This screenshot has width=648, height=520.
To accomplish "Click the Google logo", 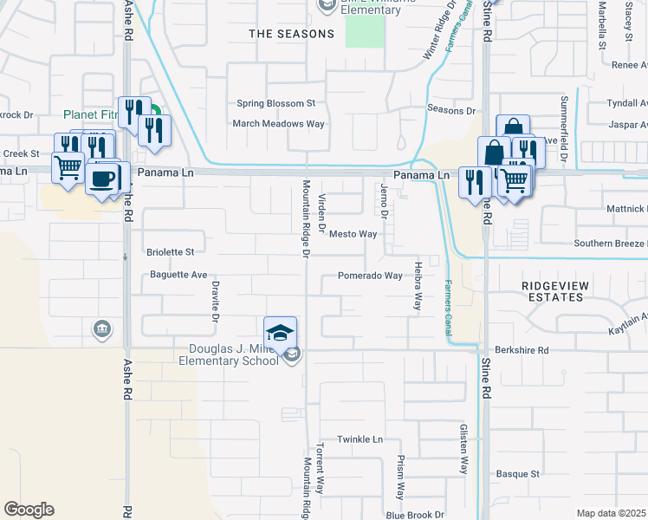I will (29, 510).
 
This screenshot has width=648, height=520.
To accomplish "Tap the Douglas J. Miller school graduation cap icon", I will (281, 333).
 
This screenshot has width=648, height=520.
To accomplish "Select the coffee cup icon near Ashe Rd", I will (103, 179).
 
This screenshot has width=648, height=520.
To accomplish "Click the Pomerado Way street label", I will (370, 276).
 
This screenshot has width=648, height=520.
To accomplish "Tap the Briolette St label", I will (170, 252).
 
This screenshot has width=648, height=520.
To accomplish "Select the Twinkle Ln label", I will (360, 439).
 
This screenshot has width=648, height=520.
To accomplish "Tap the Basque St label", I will (517, 474).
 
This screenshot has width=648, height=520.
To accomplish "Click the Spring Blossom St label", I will (276, 103).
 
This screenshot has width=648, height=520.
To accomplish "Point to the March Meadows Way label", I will (278, 124).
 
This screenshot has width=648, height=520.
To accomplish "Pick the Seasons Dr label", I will (452, 110).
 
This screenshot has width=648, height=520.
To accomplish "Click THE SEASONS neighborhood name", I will (291, 34).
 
